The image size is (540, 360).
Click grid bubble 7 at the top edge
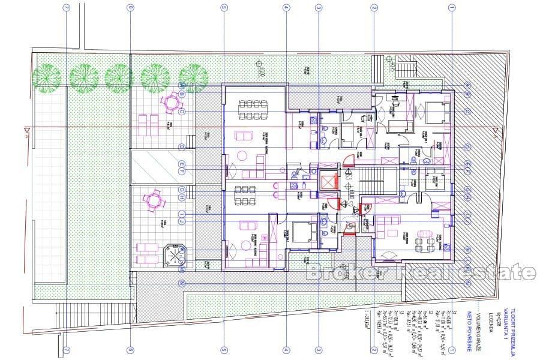[66, 8]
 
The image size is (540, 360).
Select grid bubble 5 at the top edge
[223, 8]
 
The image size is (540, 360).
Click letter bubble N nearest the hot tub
[182, 283]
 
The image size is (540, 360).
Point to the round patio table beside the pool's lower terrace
[155, 198]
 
